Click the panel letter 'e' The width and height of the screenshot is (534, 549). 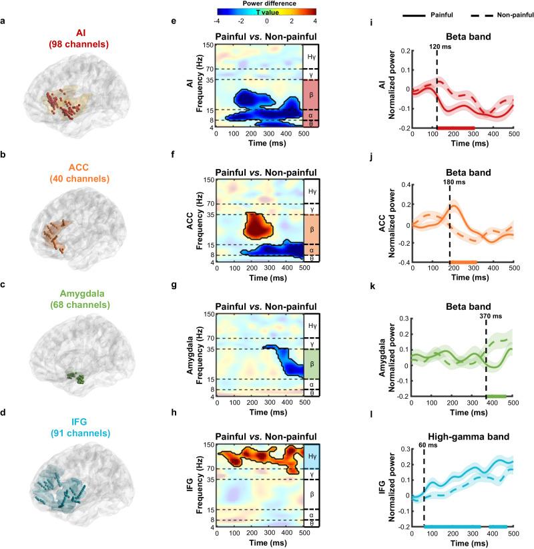(x=173, y=22)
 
